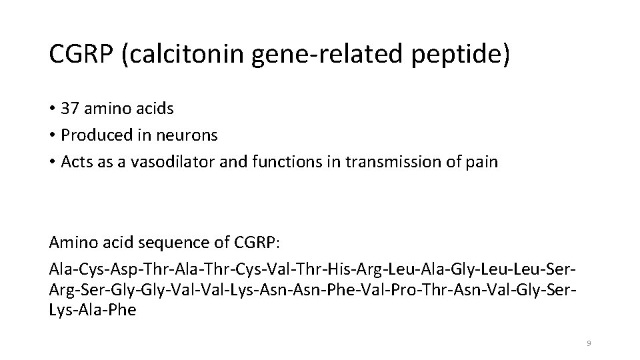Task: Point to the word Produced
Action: [96, 135]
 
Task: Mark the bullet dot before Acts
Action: [52, 162]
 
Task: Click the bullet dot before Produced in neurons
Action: [52, 135]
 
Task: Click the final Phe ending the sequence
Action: [123, 310]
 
